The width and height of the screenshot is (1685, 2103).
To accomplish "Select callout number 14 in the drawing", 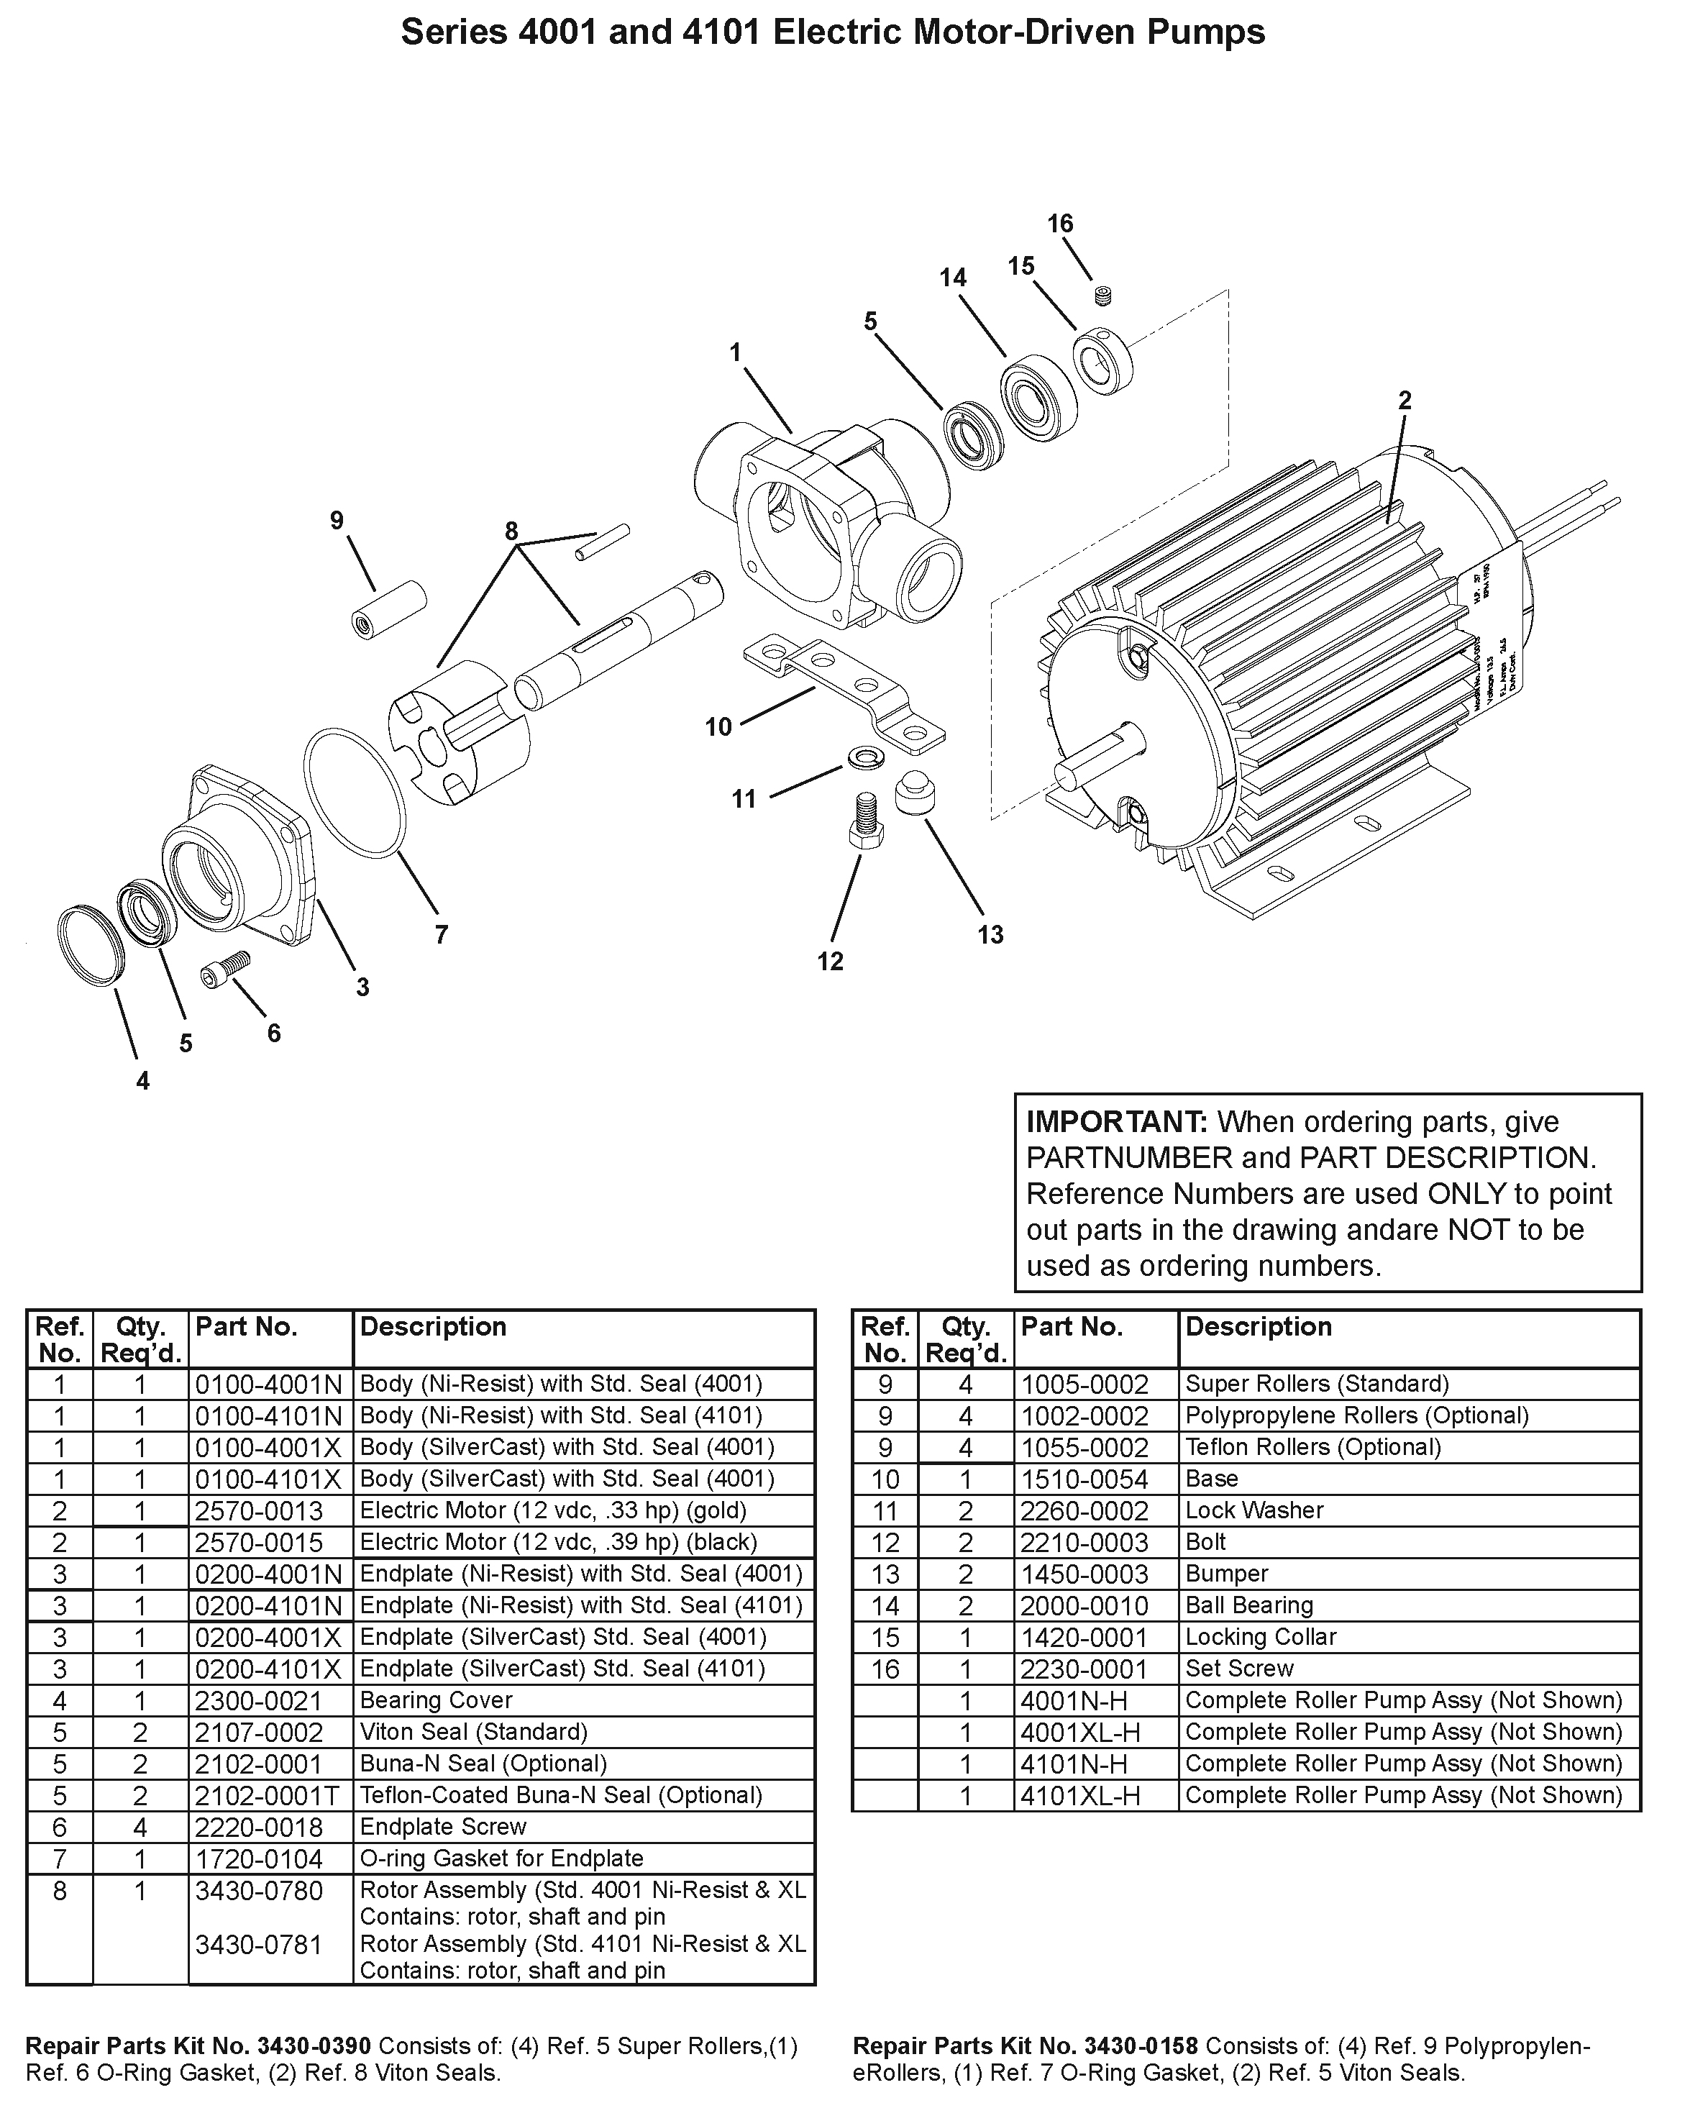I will click(x=953, y=278).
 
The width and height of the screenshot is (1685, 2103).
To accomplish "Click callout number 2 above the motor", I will click(x=1404, y=400).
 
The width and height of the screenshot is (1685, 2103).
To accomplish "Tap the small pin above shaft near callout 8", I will click(x=603, y=543).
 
